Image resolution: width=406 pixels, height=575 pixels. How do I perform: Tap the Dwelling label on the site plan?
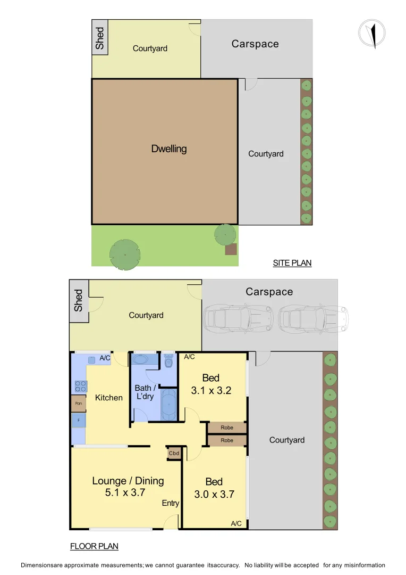[x=169, y=149]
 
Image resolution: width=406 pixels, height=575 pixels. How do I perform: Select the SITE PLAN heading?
[x=292, y=263]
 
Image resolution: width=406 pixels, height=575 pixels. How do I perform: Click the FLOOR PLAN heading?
[x=94, y=546]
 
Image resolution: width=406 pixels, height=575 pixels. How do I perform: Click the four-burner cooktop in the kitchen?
[x=80, y=386]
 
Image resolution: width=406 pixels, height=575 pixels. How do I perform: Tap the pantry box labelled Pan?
[x=78, y=404]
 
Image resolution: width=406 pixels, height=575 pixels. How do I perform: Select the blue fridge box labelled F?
[x=78, y=421]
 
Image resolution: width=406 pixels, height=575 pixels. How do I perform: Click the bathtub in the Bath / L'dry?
[x=168, y=405]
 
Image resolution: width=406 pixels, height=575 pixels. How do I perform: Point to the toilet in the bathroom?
[x=168, y=363]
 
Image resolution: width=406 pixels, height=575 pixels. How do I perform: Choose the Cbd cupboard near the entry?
[x=174, y=453]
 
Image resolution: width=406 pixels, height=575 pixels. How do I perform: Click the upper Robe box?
[x=227, y=428]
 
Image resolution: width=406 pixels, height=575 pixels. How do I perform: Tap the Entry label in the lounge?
[x=171, y=503]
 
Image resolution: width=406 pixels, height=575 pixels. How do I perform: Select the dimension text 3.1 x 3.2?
[x=211, y=390]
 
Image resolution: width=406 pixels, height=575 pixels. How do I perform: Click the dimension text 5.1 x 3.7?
[x=125, y=493]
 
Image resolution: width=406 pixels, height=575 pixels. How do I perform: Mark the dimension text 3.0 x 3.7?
[x=214, y=494]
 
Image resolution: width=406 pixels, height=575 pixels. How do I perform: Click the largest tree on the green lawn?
[x=125, y=253]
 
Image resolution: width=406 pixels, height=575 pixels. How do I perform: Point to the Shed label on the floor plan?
[x=78, y=300]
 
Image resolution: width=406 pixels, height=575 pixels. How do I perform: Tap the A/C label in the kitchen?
[x=105, y=358]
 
